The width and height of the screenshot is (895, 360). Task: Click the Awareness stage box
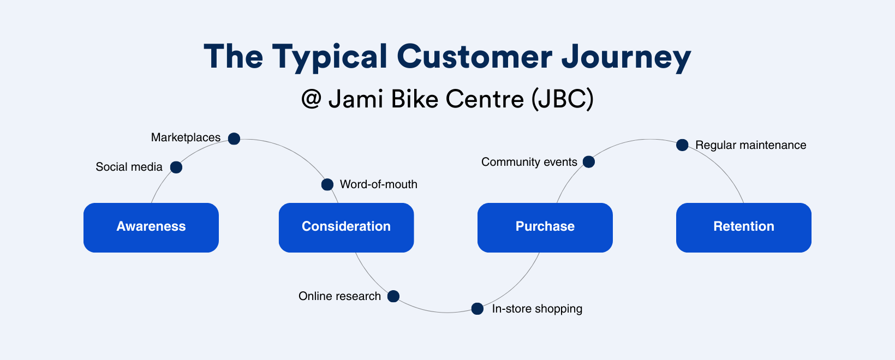151,227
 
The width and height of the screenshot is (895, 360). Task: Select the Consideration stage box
346,227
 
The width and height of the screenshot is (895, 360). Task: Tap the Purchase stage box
545,227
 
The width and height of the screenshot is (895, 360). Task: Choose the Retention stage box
743,227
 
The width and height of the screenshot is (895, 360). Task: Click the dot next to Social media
176,167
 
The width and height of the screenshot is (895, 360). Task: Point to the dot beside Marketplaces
234,139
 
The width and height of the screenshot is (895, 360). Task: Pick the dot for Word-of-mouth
327,184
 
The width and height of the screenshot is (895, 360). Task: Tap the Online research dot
393,296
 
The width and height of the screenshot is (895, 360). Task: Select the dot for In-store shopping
478,309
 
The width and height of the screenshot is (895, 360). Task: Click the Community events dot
589,161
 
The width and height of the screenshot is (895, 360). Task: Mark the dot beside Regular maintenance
682,145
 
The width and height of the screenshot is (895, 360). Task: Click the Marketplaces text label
186,137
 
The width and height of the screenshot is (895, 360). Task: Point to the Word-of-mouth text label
378,184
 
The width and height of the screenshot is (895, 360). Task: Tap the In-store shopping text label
537,309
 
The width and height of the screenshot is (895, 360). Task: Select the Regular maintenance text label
750,145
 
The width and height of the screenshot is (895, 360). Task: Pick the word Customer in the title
474,57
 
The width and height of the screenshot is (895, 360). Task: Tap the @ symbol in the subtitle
311,99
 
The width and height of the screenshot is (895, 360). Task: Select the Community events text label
529,162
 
